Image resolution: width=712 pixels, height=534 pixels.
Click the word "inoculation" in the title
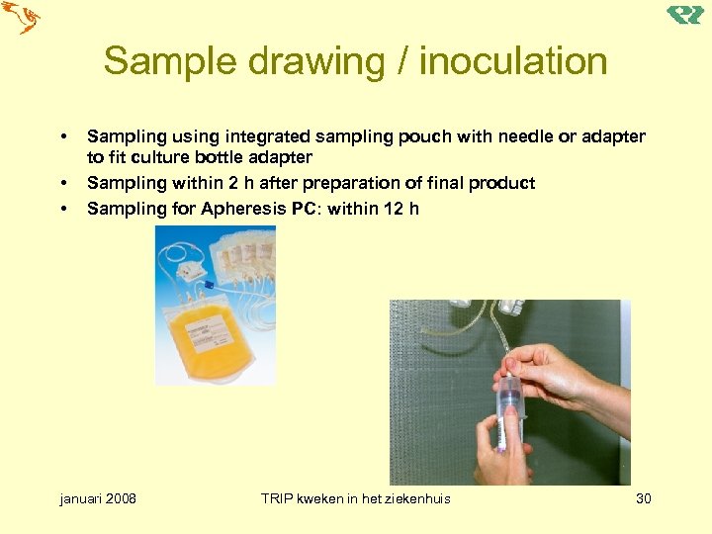tap(513, 61)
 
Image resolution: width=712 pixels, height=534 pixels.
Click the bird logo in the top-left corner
tap(21, 17)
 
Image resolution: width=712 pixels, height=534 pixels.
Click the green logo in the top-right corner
tap(684, 15)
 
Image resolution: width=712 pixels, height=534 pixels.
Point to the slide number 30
tap(643, 498)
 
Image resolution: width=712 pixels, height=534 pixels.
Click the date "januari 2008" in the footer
tap(99, 498)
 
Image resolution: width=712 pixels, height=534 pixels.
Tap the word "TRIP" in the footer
tap(280, 498)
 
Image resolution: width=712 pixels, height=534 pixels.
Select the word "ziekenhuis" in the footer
tap(414, 498)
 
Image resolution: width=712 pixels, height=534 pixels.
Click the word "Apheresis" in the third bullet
tap(243, 209)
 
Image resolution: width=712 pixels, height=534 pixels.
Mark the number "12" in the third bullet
tap(394, 209)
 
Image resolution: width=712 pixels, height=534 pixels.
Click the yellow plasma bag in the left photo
tap(211, 336)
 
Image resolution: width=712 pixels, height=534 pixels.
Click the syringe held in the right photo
tap(510, 410)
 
